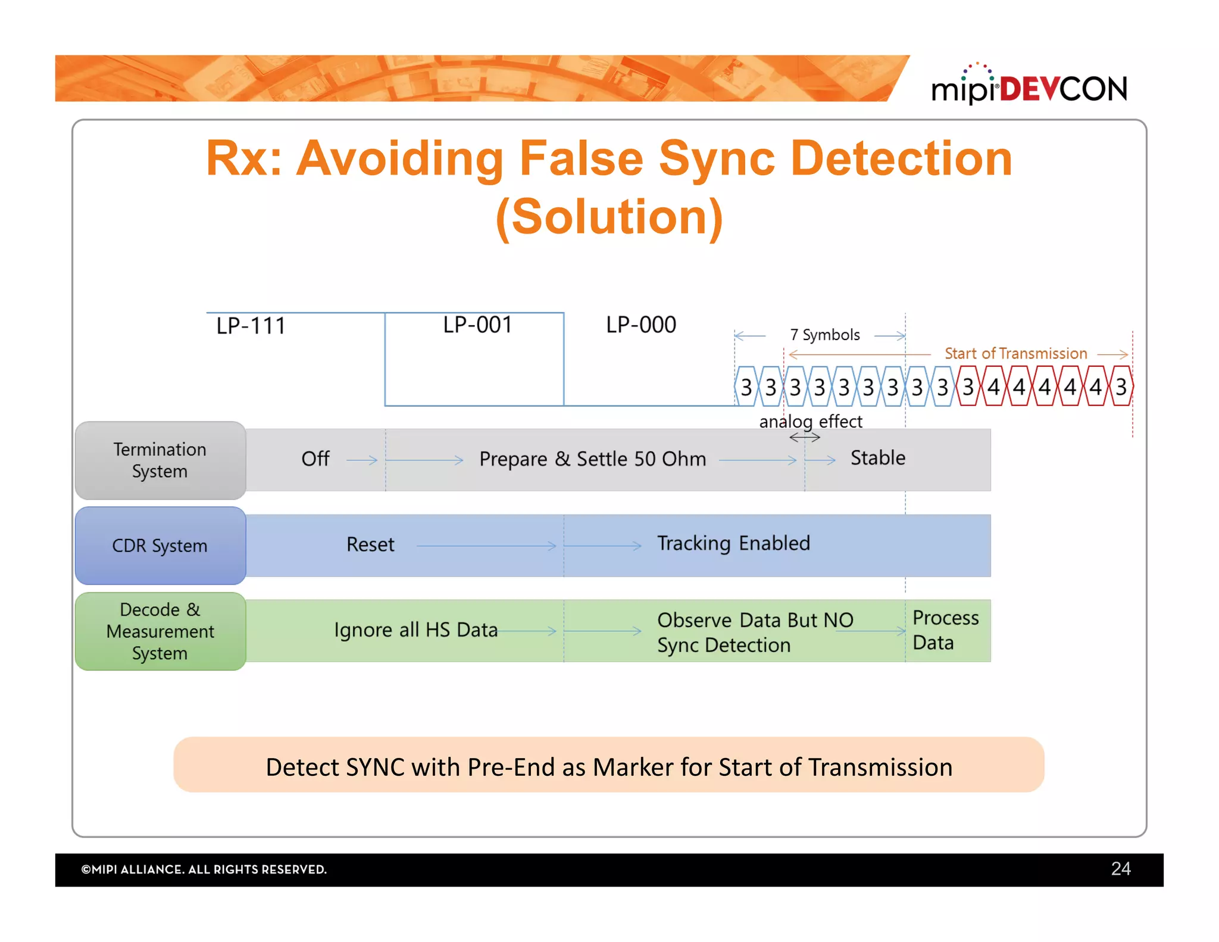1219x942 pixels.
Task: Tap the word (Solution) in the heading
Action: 609,217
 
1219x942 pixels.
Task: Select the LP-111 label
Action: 251,326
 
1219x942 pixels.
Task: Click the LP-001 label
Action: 477,325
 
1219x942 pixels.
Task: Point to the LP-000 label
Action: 640,325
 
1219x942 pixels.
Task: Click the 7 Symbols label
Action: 824,335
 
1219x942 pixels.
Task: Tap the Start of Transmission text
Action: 1015,354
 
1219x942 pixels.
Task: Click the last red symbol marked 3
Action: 1121,387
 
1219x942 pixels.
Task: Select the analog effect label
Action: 810,422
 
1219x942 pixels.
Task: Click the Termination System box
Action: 160,460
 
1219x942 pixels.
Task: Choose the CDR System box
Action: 160,545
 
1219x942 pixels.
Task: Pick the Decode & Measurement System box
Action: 160,631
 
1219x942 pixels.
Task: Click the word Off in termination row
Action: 315,458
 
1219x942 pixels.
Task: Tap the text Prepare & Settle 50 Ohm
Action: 592,459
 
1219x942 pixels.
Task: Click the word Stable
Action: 877,458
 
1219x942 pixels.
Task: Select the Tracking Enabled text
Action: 733,543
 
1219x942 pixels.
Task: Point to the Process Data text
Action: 945,631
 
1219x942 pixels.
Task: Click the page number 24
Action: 1120,869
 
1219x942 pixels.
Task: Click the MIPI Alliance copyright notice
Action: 204,869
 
